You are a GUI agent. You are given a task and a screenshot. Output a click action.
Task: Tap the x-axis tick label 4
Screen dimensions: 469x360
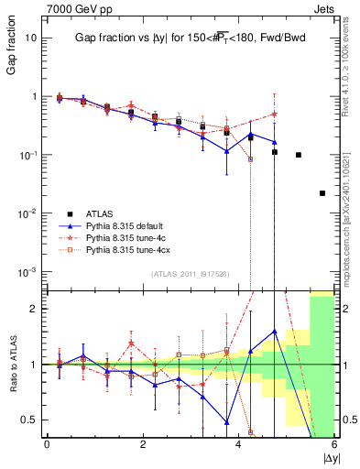point(238,444)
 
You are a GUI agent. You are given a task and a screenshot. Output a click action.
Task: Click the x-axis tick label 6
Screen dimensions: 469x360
point(334,444)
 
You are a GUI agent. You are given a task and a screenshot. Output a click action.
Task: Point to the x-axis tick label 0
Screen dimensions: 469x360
point(47,444)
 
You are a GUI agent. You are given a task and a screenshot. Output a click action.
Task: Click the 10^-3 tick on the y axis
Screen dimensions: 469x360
point(31,272)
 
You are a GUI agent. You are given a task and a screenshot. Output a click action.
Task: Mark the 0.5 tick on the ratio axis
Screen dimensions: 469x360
point(31,420)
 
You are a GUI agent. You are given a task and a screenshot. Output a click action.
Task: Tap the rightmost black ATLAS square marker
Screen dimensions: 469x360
point(322,193)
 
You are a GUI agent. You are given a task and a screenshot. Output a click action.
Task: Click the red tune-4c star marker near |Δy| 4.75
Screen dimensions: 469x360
point(274,115)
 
